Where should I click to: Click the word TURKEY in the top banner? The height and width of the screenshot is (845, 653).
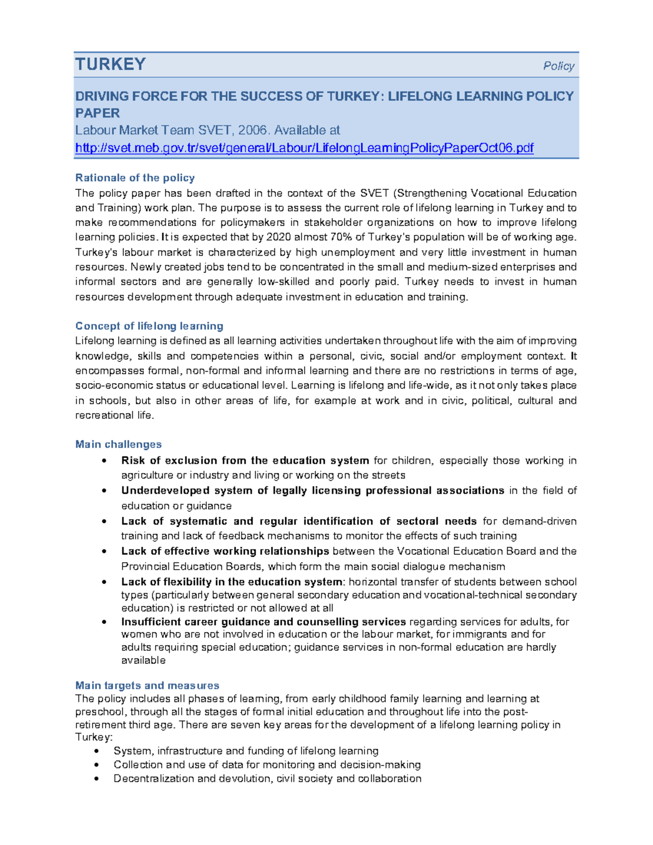click(x=110, y=64)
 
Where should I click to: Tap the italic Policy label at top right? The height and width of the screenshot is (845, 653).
click(x=558, y=66)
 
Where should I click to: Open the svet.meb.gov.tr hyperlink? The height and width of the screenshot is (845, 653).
click(x=304, y=147)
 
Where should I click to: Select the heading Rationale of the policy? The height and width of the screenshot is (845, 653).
click(x=135, y=178)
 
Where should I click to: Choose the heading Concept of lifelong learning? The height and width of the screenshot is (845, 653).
click(x=149, y=326)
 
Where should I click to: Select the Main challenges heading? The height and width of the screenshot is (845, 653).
click(x=118, y=445)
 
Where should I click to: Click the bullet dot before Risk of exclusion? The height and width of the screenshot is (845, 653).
click(x=104, y=461)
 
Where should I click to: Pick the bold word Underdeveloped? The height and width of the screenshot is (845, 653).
click(x=165, y=490)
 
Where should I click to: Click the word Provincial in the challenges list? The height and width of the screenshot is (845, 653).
click(x=144, y=566)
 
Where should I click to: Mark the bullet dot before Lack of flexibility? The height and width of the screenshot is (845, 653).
click(x=104, y=582)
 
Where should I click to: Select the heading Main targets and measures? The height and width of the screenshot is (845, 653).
click(x=147, y=686)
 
